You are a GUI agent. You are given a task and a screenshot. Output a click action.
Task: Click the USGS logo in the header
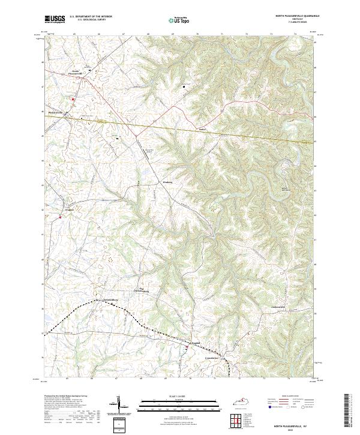click(55, 19)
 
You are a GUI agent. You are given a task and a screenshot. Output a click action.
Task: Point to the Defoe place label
click(202, 128)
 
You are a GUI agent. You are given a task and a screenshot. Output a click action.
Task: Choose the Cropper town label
click(70, 209)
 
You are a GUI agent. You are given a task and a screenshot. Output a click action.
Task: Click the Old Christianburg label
click(145, 291)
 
